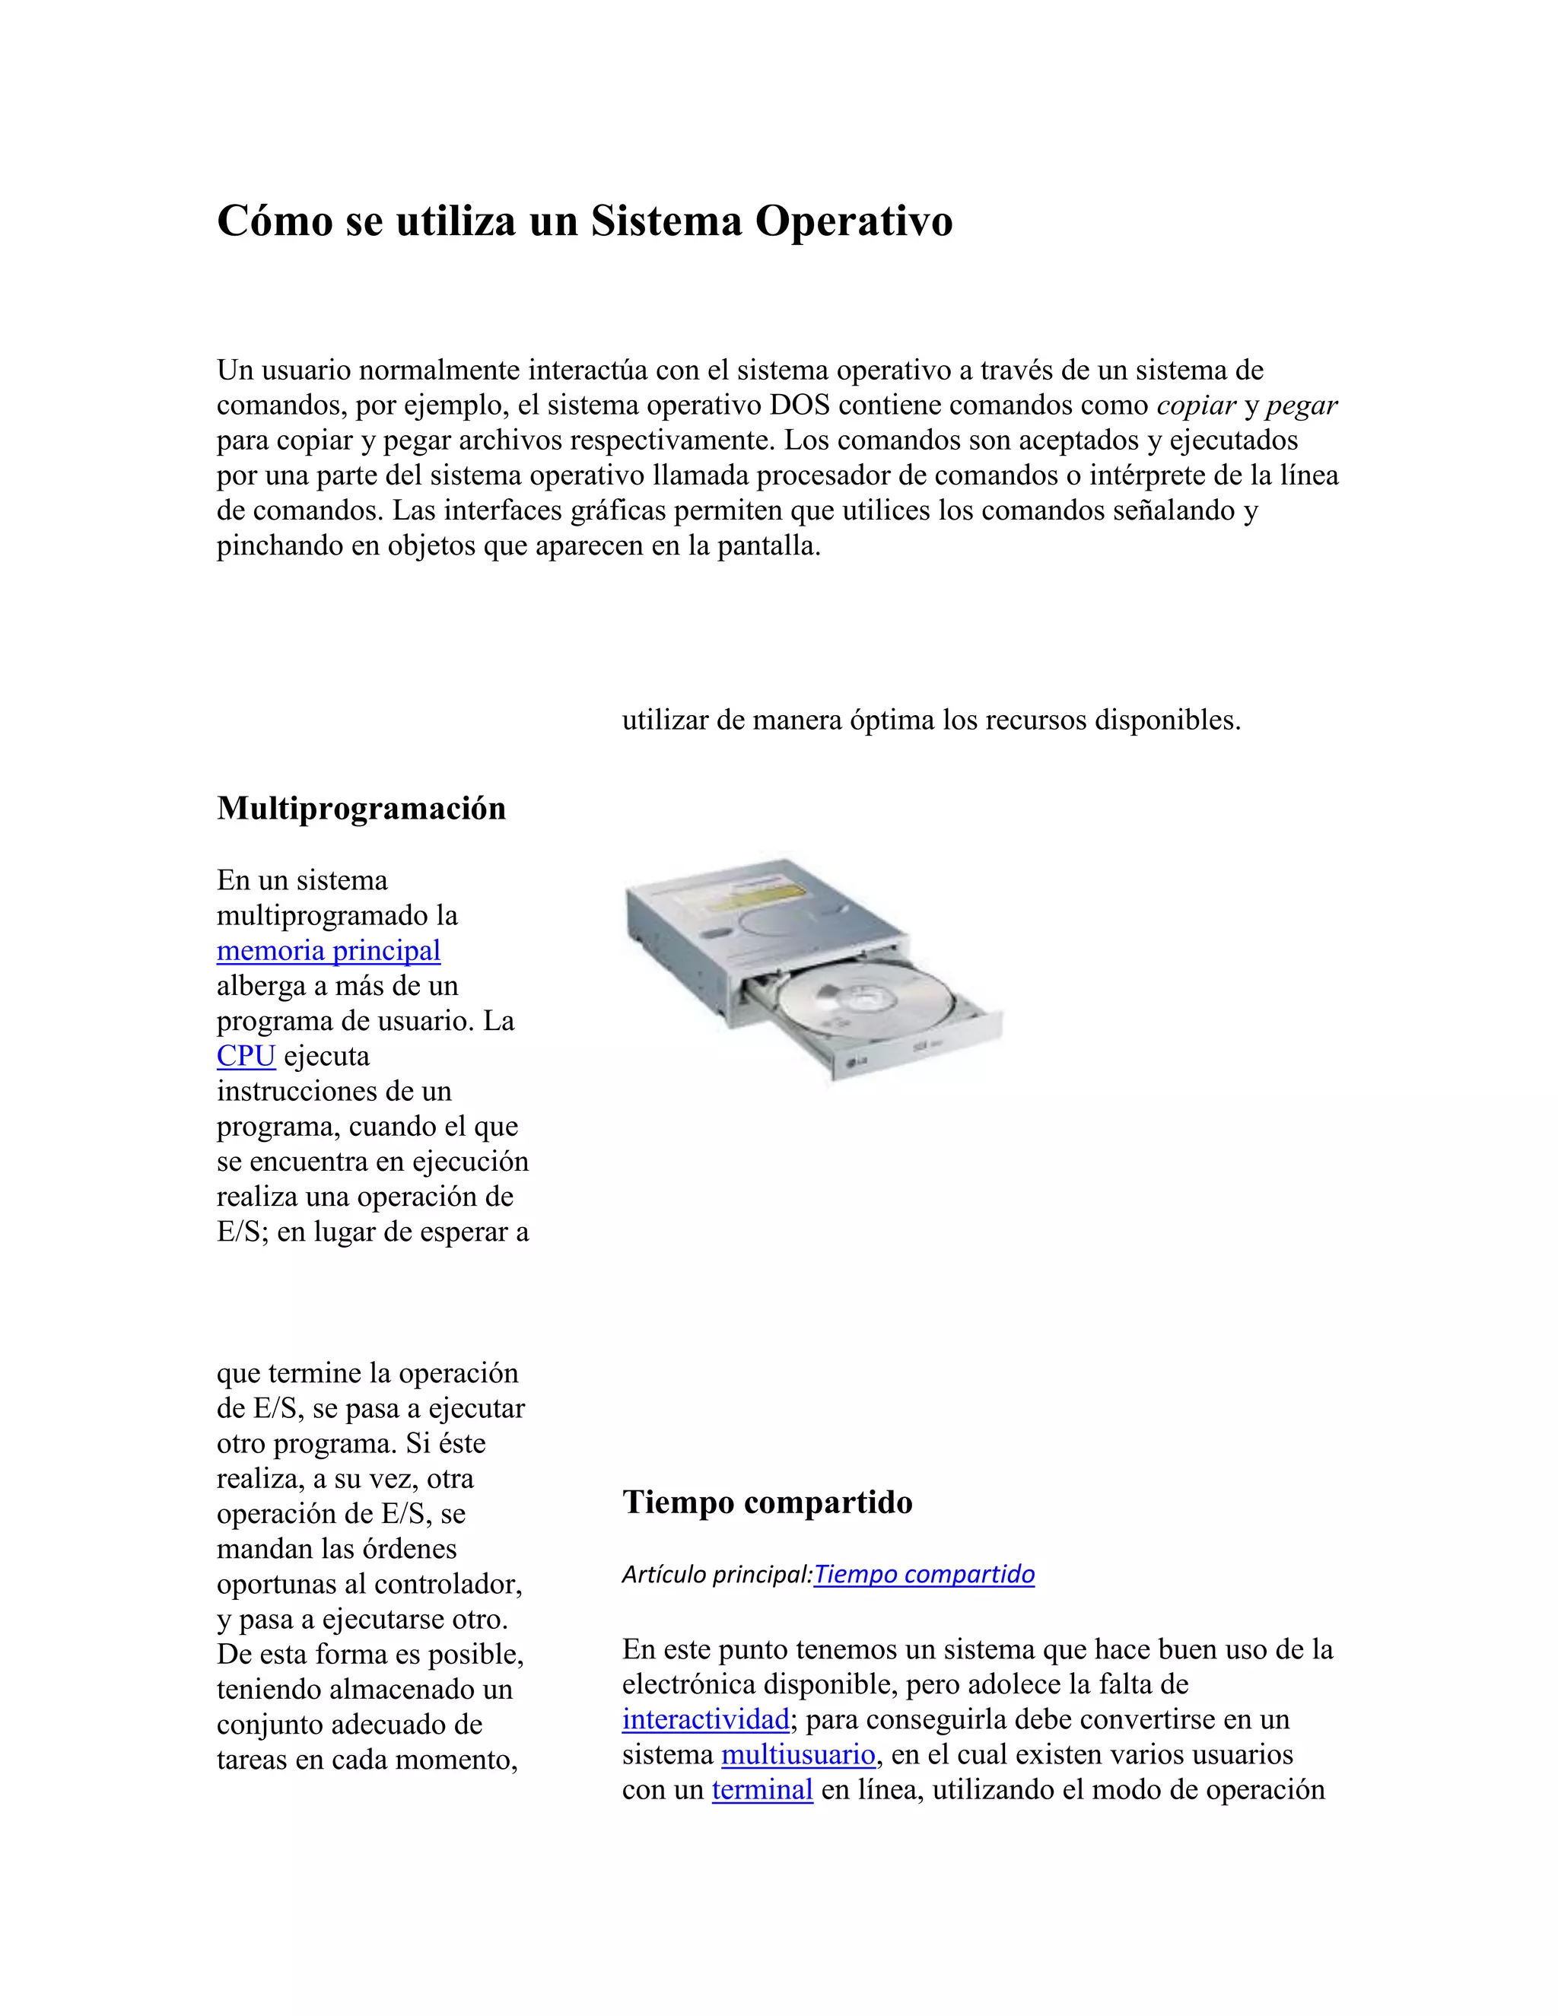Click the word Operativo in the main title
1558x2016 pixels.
(854, 221)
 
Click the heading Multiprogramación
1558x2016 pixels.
(361, 809)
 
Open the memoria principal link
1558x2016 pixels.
(328, 951)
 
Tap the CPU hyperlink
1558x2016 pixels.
(246, 1056)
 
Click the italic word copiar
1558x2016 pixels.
(1195, 405)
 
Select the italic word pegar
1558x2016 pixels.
(1302, 405)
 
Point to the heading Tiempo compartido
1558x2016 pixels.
(767, 1502)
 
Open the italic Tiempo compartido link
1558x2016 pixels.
(924, 1574)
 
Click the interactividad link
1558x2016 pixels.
(705, 1720)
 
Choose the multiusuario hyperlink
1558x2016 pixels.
(797, 1755)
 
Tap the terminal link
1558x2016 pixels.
(762, 1790)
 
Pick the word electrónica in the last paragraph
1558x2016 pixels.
(688, 1684)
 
